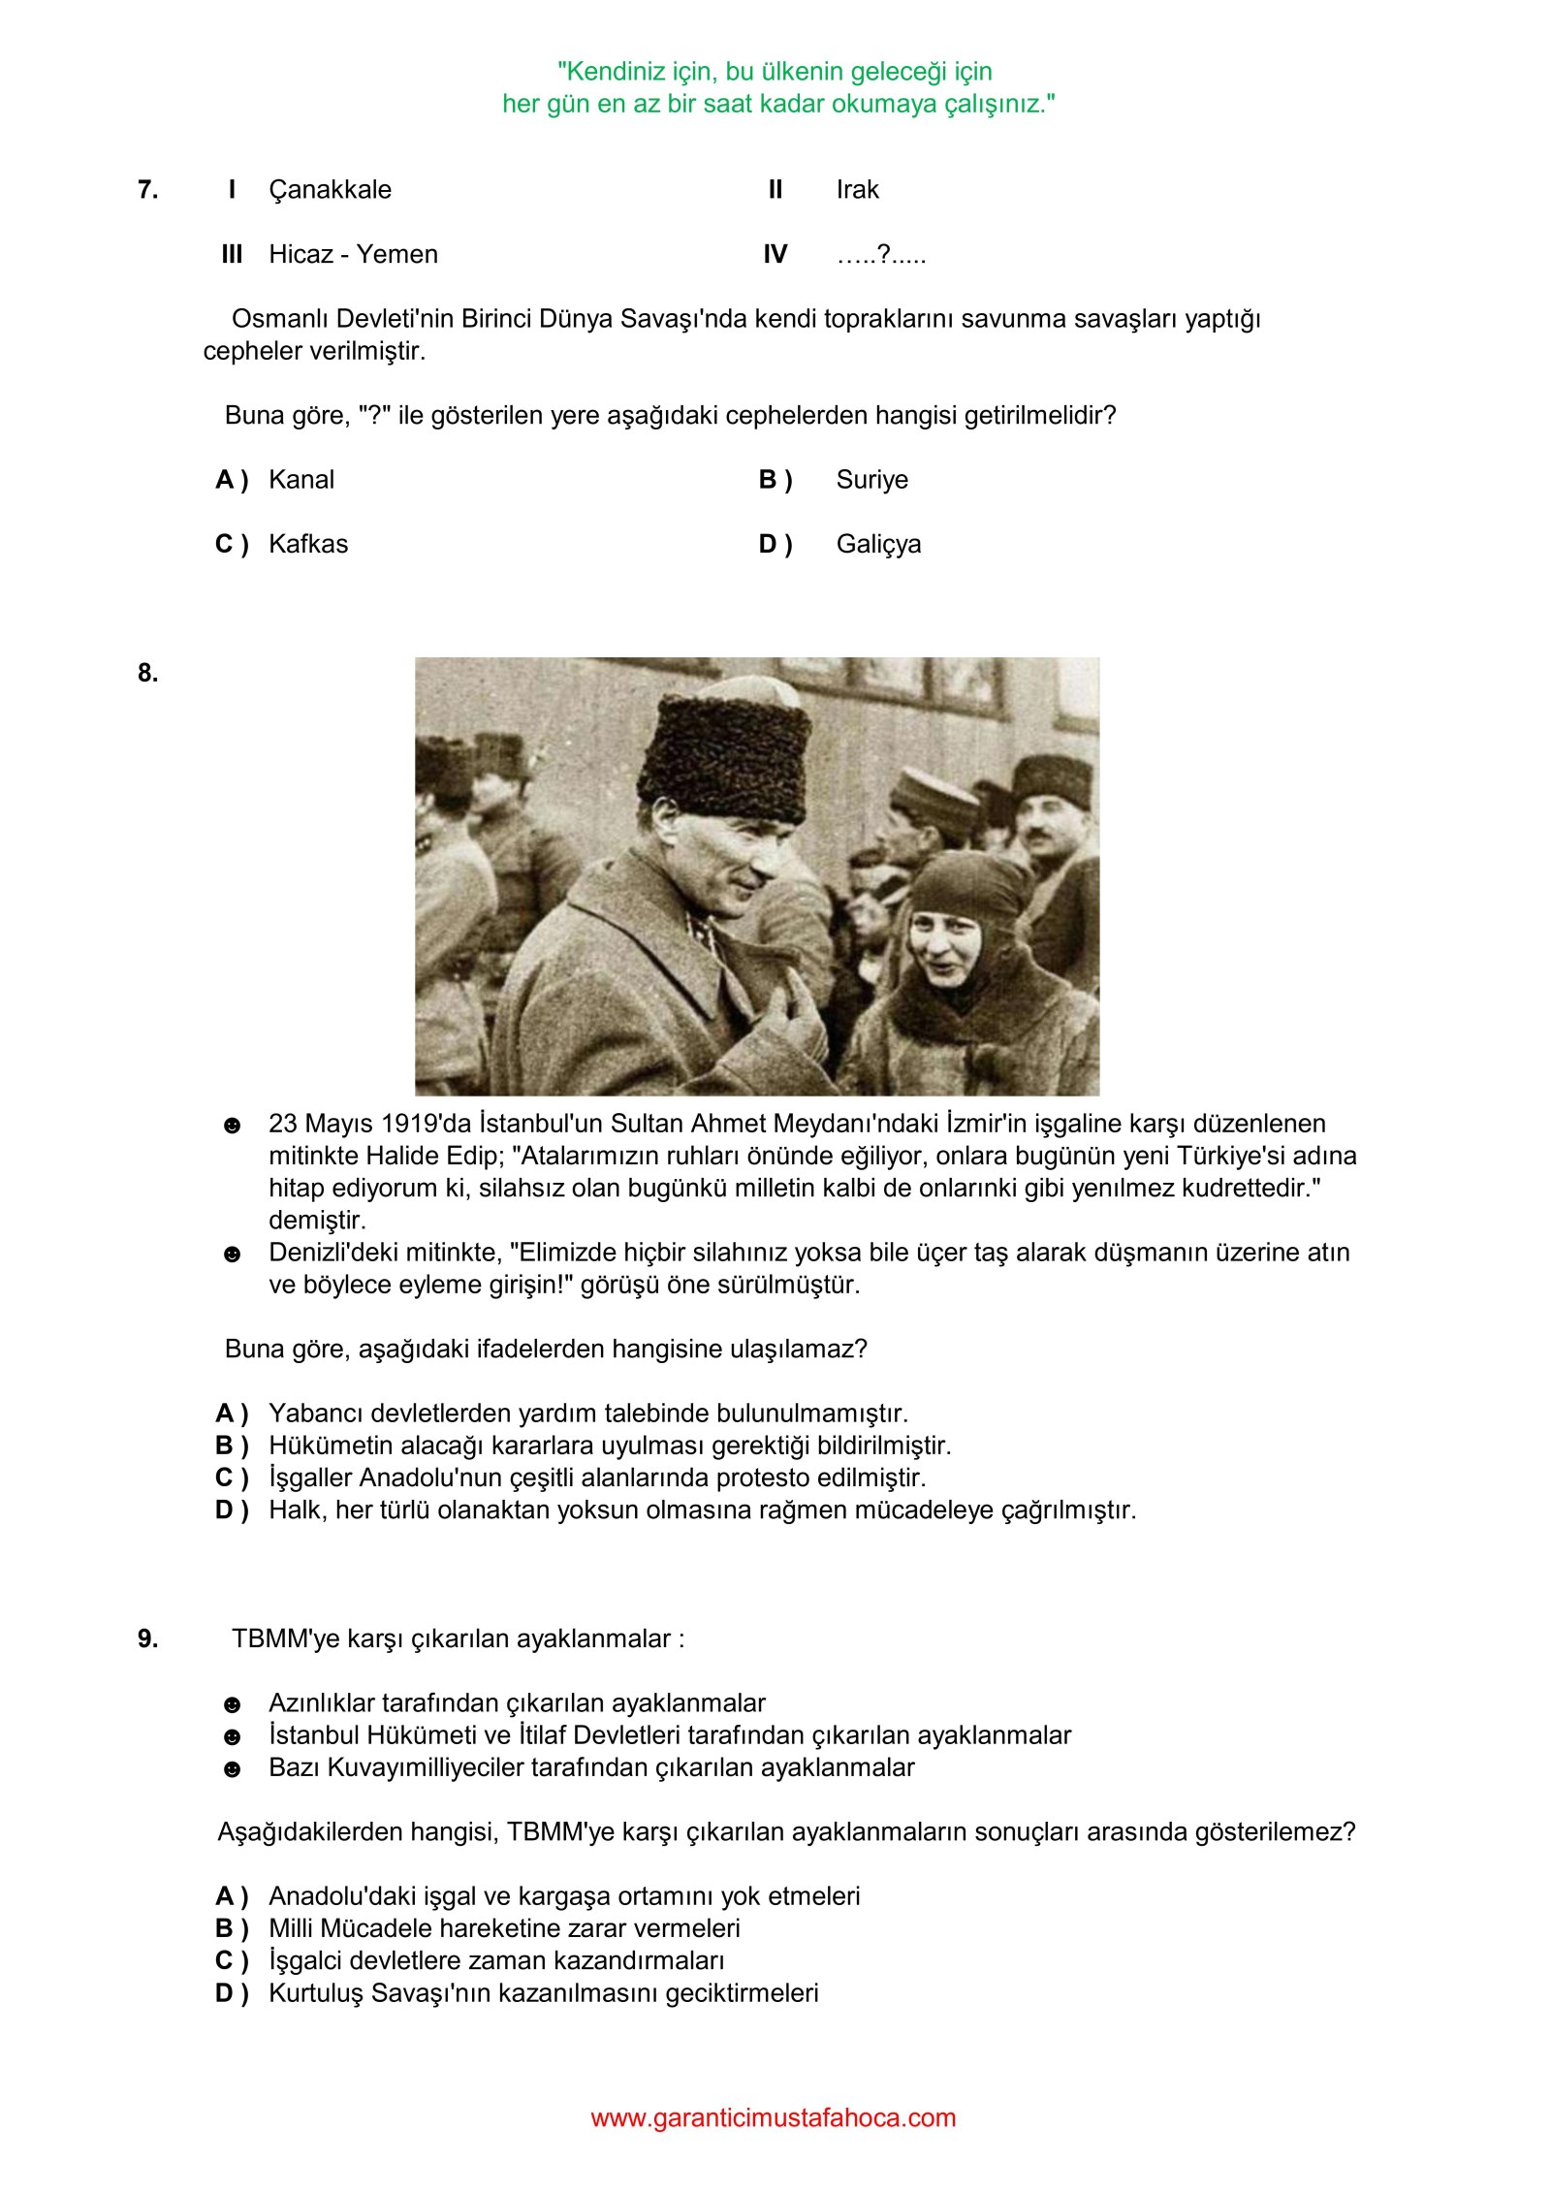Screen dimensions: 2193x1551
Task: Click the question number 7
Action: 147,190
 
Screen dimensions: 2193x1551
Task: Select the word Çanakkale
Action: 330,190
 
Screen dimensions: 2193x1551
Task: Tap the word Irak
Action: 857,190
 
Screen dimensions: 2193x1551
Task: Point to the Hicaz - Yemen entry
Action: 353,255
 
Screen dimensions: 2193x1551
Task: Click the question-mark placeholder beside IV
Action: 880,255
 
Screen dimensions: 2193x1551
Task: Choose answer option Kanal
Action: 301,480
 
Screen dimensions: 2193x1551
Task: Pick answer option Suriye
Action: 871,480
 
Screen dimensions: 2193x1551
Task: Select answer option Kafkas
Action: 307,544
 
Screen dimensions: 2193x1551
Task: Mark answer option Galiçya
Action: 878,544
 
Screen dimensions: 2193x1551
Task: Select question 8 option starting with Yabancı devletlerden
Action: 587,1414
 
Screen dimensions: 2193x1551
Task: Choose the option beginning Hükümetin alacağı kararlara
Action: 610,1446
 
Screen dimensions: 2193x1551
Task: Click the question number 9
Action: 147,1638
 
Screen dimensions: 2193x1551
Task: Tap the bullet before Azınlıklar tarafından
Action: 232,1704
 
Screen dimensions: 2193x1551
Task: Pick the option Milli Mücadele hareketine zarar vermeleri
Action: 504,1928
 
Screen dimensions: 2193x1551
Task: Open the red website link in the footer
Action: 773,2117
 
